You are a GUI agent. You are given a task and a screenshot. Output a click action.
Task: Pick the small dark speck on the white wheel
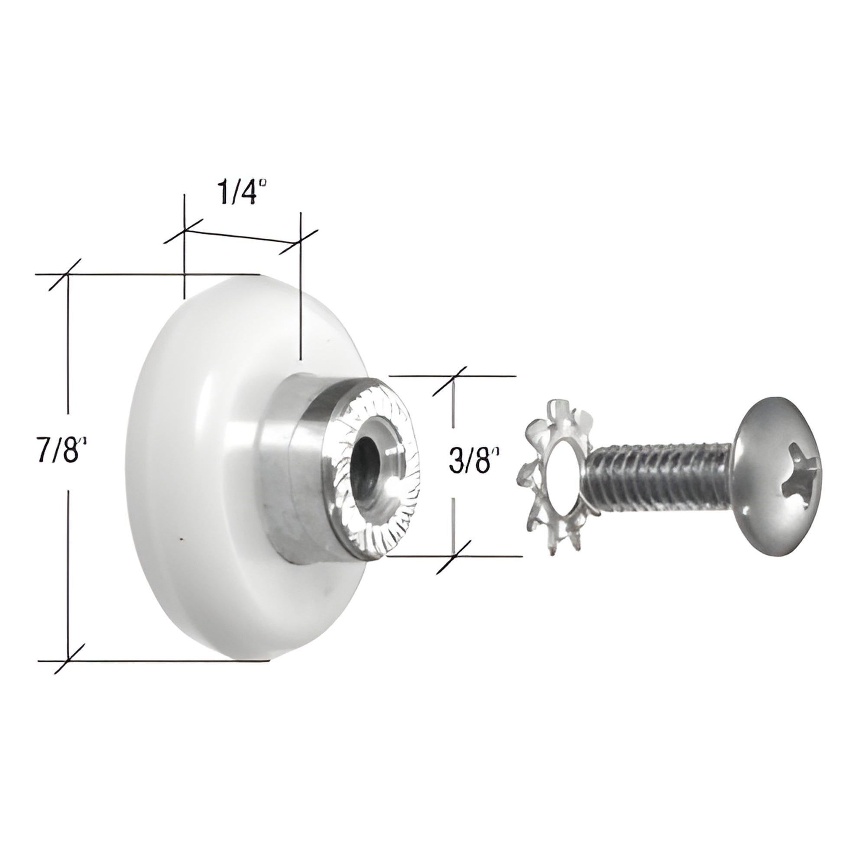(181, 540)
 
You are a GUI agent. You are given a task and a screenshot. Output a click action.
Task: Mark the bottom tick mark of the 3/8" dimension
(454, 556)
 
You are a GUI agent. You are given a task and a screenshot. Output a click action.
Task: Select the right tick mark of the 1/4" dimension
(300, 243)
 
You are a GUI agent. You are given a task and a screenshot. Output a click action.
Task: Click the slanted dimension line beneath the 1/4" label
(242, 237)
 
